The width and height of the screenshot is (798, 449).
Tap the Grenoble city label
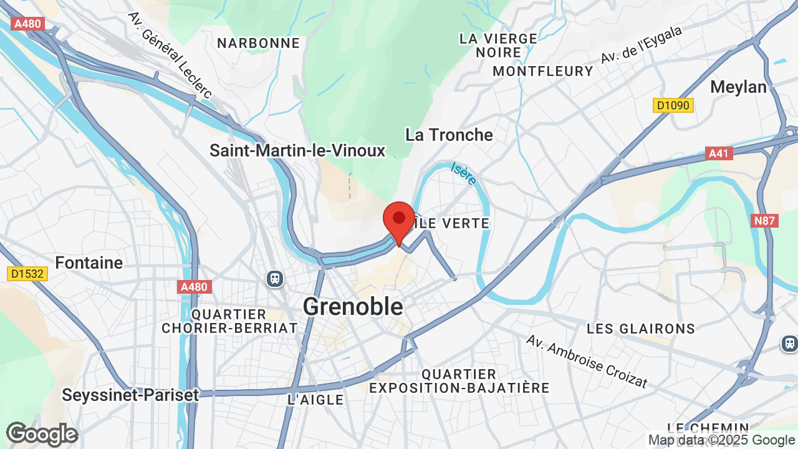[353, 306]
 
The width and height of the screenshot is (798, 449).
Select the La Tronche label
[449, 135]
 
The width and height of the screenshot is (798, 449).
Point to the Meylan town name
[738, 87]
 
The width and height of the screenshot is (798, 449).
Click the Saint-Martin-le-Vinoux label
[297, 150]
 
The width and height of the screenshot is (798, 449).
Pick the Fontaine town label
[89, 263]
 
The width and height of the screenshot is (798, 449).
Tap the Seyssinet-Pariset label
[130, 395]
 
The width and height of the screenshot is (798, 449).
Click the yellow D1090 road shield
[673, 105]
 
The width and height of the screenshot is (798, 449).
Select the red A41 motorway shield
[719, 153]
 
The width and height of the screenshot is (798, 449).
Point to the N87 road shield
[765, 220]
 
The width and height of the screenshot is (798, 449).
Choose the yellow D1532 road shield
[28, 273]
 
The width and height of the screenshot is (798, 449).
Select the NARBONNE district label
[258, 43]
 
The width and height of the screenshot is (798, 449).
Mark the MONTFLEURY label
[542, 71]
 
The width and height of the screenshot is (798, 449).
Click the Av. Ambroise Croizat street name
[587, 361]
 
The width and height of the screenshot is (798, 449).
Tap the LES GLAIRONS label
[641, 329]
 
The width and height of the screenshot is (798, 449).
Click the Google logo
[42, 434]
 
